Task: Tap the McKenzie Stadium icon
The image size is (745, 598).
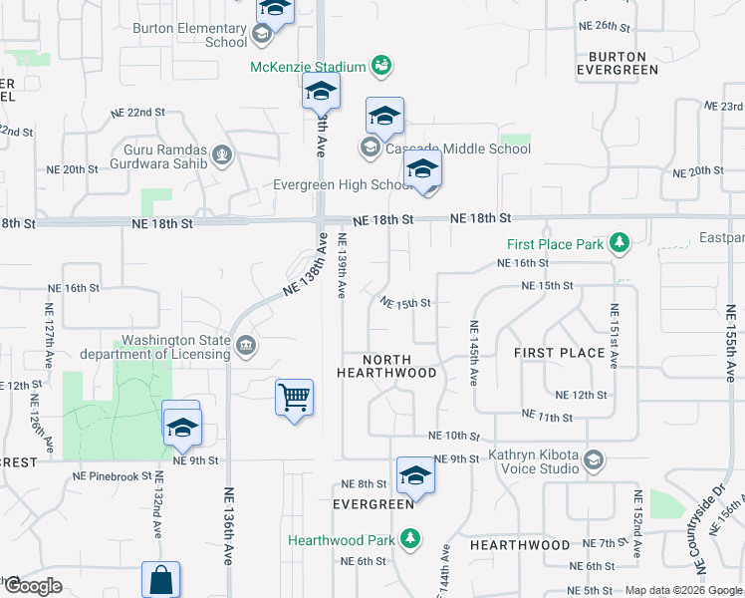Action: coord(379,66)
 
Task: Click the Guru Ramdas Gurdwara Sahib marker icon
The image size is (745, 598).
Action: coord(221,155)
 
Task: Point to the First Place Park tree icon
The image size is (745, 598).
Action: coord(620,243)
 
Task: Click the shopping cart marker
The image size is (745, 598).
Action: coord(295,399)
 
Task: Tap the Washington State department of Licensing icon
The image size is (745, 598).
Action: coord(246,347)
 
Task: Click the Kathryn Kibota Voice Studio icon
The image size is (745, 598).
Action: coord(594,458)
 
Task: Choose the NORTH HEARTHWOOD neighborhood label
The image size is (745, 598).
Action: coord(386,366)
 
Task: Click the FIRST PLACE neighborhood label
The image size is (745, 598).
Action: coord(560,353)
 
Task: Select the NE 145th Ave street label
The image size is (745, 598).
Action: coord(474,354)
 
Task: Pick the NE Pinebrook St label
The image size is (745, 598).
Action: coord(112,477)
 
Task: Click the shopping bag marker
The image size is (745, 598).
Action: coord(161,580)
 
